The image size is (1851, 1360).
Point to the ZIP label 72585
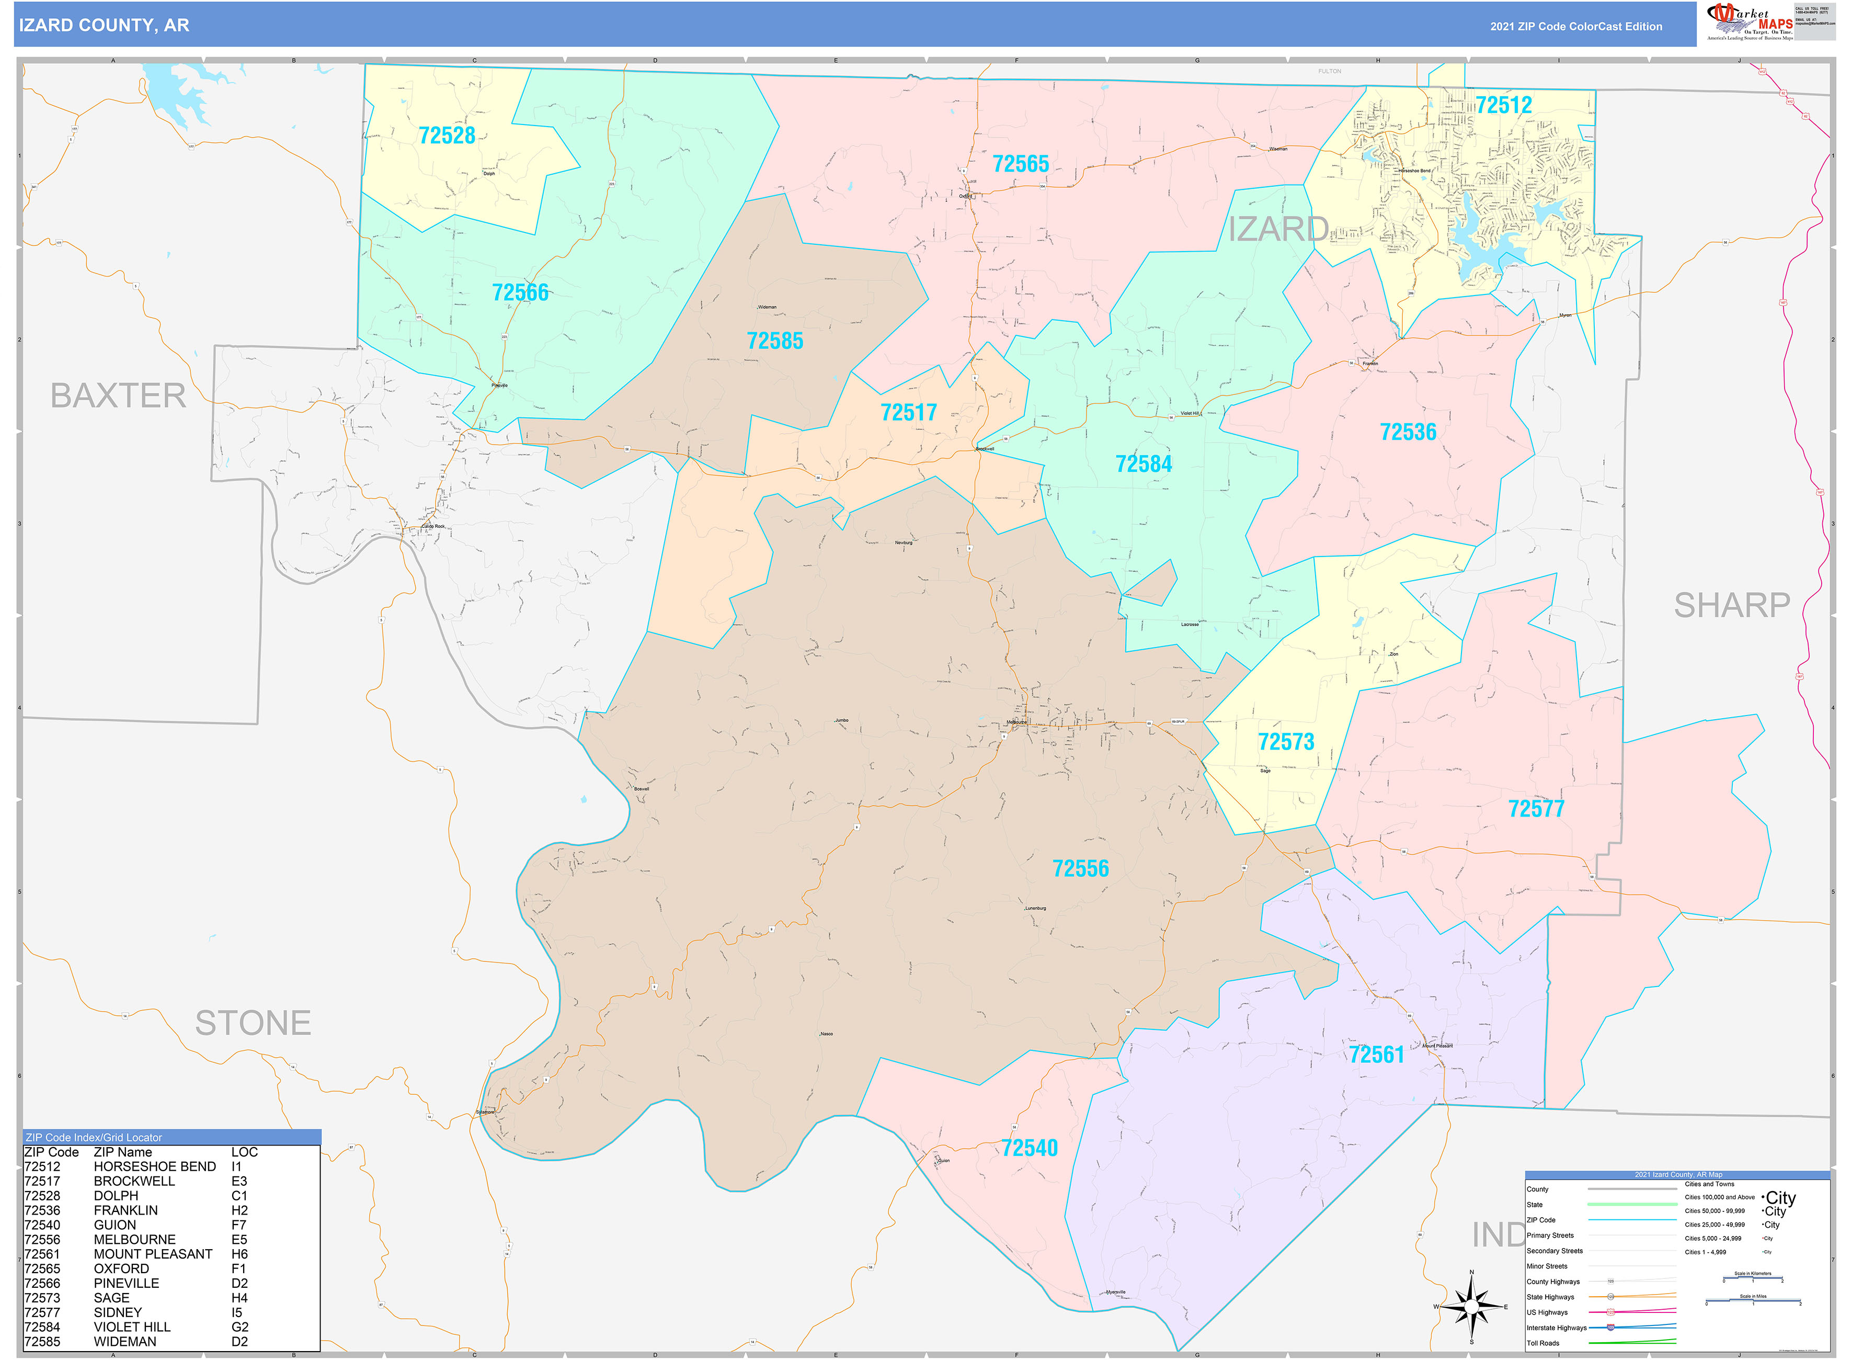[x=774, y=341]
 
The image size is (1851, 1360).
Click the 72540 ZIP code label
[x=1029, y=1148]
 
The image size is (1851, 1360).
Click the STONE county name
[x=253, y=1023]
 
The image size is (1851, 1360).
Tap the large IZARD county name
[x=1277, y=230]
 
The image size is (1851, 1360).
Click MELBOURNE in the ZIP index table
[x=134, y=1239]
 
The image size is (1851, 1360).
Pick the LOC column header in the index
[x=244, y=1152]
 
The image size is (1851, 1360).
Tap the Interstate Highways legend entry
[x=1556, y=1327]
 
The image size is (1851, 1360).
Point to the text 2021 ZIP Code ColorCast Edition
[x=1575, y=26]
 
